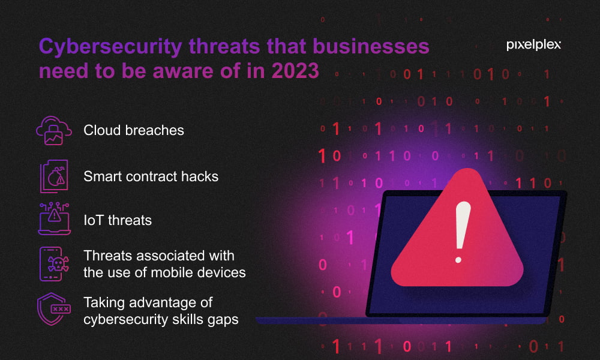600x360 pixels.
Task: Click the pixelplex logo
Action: (x=533, y=45)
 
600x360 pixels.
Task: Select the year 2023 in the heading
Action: (x=295, y=71)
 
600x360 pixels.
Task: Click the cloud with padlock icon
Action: (x=54, y=130)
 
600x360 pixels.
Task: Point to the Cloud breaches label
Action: (x=134, y=130)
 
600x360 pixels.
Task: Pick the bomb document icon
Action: (x=54, y=176)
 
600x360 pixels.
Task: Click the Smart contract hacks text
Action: (x=151, y=176)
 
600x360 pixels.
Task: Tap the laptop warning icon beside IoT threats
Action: (x=55, y=218)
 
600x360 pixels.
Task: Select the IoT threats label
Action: (x=118, y=220)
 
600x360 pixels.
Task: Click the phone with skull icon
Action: (x=54, y=264)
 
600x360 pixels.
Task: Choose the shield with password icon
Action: (x=54, y=309)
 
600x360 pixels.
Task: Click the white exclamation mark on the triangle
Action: (x=461, y=232)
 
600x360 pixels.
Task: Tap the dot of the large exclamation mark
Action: (x=458, y=260)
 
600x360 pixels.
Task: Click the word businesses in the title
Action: (x=371, y=46)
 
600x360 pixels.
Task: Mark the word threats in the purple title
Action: (x=224, y=47)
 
